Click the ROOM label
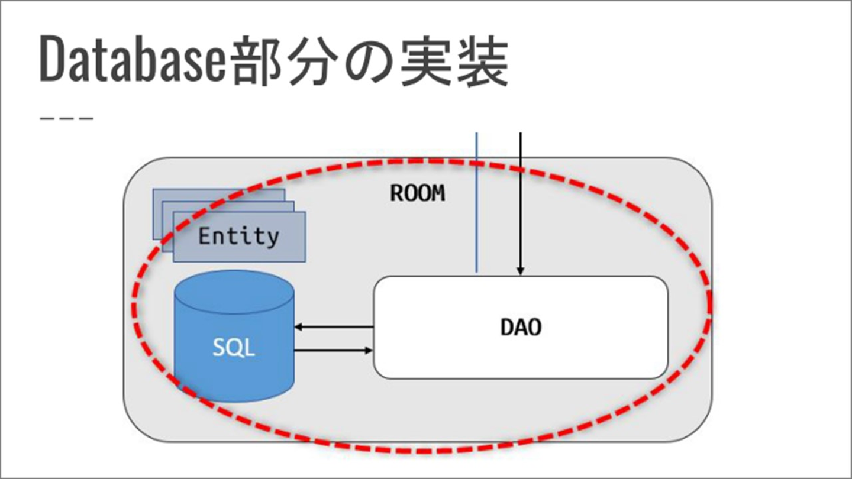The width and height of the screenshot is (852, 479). (417, 193)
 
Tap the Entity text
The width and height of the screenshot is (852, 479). (238, 237)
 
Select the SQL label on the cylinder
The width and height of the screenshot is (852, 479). (234, 348)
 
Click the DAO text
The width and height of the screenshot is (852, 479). (521, 327)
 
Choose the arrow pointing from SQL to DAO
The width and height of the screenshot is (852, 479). (334, 351)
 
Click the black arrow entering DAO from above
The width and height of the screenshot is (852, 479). (520, 201)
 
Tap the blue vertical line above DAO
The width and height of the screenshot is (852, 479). (476, 201)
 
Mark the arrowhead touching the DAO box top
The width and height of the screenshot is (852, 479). (520, 271)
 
